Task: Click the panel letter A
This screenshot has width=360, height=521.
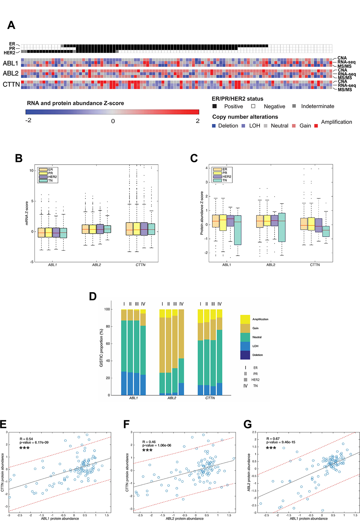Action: tap(11, 25)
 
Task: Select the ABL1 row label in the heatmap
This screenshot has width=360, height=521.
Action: tap(10, 63)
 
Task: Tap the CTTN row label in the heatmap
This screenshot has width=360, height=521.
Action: tap(11, 84)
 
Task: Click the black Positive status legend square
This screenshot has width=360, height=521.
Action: tap(214, 106)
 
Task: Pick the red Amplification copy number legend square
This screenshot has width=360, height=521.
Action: tap(316, 126)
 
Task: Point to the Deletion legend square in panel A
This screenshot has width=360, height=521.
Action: tap(214, 126)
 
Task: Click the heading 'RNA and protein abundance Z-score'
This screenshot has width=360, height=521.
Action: tap(75, 103)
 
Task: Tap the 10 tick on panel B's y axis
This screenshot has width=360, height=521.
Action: tap(31, 171)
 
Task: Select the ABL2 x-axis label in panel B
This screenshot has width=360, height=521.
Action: tap(97, 265)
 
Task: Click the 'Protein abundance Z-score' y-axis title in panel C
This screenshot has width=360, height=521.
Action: tap(202, 213)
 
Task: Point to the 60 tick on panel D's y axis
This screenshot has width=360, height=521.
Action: tap(107, 344)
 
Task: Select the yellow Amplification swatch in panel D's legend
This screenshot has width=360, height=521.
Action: tap(245, 319)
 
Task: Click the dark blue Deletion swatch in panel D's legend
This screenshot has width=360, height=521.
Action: tap(245, 355)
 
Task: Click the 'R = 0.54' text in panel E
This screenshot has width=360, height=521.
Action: tap(27, 439)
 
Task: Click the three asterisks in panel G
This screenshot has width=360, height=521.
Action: tap(271, 448)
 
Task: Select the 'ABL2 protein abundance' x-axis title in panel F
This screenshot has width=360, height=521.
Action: tap(185, 518)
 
